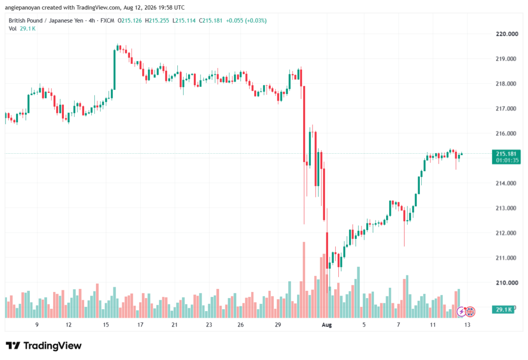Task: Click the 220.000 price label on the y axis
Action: pyautogui.click(x=507, y=34)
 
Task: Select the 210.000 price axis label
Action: pyautogui.click(x=507, y=283)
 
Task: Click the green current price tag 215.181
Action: pyautogui.click(x=506, y=157)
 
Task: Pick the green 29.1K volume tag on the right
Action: pyautogui.click(x=503, y=309)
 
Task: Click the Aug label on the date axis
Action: pyautogui.click(x=326, y=325)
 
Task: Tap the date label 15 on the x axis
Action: pyautogui.click(x=106, y=325)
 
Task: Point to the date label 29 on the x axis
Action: pyautogui.click(x=278, y=325)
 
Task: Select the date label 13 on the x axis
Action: pyautogui.click(x=467, y=325)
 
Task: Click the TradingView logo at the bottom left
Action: pyautogui.click(x=44, y=346)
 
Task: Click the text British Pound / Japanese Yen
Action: pyautogui.click(x=46, y=21)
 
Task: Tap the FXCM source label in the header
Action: pyautogui.click(x=107, y=21)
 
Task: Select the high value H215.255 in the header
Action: pyautogui.click(x=157, y=21)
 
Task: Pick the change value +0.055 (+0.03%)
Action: pyautogui.click(x=246, y=21)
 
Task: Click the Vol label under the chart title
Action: pyautogui.click(x=12, y=29)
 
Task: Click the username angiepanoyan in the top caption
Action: pyautogui.click(x=23, y=7)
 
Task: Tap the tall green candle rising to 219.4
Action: pyautogui.click(x=114, y=70)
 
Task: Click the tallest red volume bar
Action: pyautogui.click(x=304, y=280)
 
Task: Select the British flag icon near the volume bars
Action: pyautogui.click(x=470, y=312)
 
